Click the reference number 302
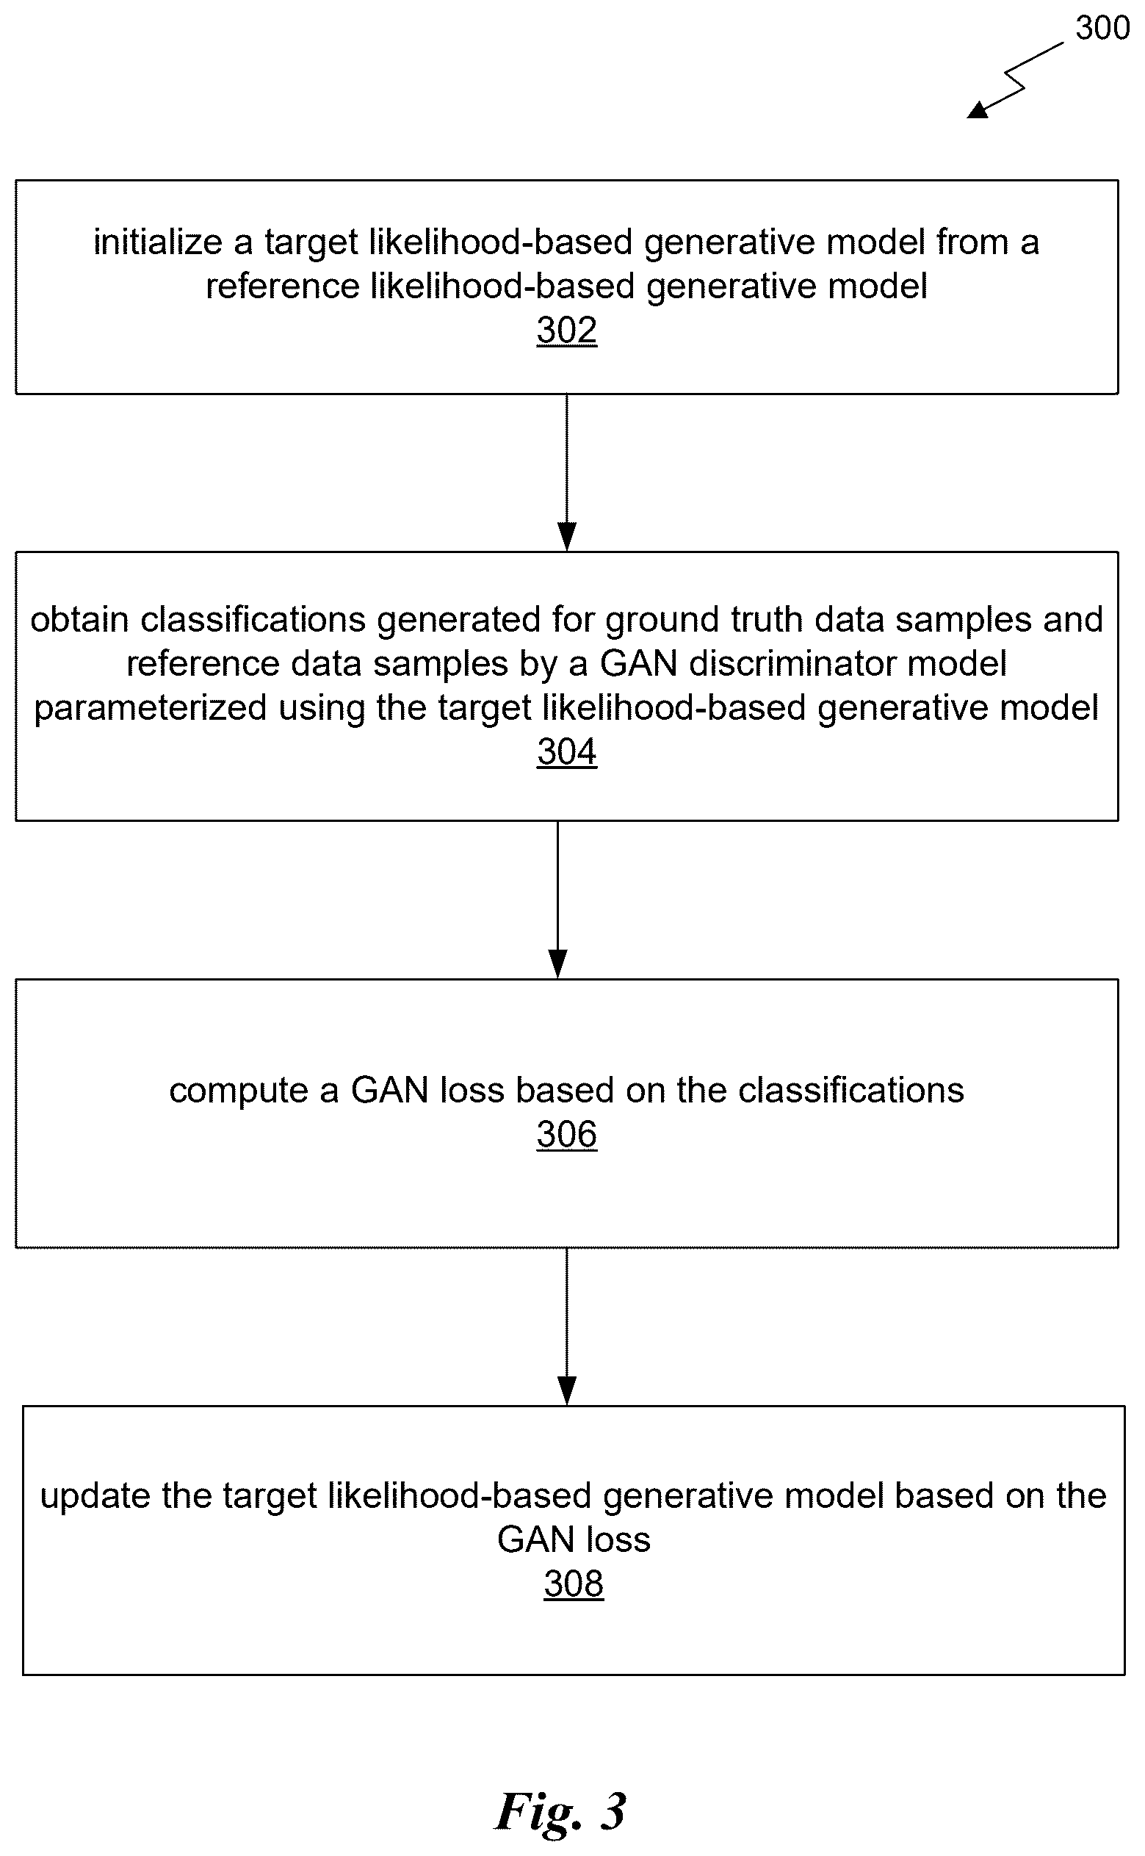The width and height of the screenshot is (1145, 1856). (566, 331)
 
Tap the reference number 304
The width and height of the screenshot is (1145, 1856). (566, 752)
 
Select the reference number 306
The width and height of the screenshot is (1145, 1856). (566, 1134)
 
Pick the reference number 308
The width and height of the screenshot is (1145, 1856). (574, 1584)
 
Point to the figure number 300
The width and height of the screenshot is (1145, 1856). (1102, 28)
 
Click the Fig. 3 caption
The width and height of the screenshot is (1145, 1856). (561, 1812)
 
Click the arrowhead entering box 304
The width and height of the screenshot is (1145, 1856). (566, 537)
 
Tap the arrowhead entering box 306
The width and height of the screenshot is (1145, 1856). (557, 964)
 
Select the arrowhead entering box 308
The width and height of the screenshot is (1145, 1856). (566, 1391)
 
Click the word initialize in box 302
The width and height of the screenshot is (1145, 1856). (158, 242)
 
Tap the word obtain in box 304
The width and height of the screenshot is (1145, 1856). (79, 619)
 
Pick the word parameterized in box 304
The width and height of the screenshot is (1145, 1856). (151, 709)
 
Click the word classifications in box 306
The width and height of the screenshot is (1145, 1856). (851, 1091)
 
